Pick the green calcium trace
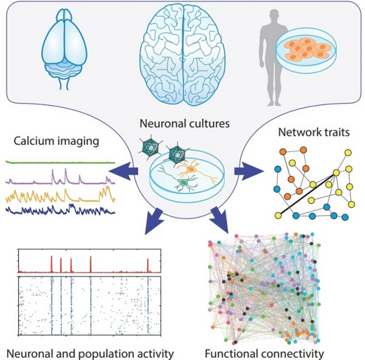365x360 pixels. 60,163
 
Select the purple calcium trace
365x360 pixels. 60,180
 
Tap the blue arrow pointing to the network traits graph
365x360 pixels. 246,170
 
